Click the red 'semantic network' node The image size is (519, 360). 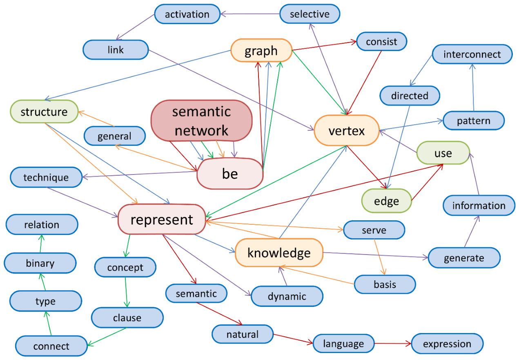tap(202, 121)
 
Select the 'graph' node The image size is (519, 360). tap(261, 50)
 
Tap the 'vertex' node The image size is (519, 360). tap(347, 130)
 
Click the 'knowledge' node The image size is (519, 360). tap(279, 253)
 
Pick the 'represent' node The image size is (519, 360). tap(162, 219)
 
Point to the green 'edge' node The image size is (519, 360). tap(386, 201)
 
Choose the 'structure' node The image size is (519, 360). tap(44, 112)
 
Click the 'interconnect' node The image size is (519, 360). tap(472, 54)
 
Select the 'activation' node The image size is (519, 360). tap(187, 14)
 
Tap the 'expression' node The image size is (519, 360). tap(447, 344)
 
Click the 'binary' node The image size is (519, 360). tap(40, 263)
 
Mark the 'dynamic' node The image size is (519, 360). tap(287, 296)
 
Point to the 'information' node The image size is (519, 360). tap(479, 206)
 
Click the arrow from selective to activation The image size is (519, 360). tap(250, 14)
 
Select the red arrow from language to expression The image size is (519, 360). tap(393, 343)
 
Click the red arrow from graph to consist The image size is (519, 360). tap(324, 46)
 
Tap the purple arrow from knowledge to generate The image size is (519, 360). tap(376, 255)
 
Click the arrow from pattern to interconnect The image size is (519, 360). tap(473, 87)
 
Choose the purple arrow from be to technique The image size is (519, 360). tap(140, 174)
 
